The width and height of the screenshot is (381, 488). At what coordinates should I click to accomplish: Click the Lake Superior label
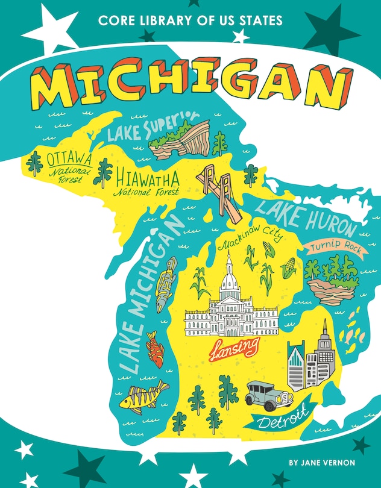(144, 126)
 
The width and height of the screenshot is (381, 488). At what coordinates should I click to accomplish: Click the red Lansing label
(235, 347)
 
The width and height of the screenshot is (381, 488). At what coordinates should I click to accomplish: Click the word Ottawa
(69, 159)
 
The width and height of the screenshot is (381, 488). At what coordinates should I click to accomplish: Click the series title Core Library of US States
(190, 21)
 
